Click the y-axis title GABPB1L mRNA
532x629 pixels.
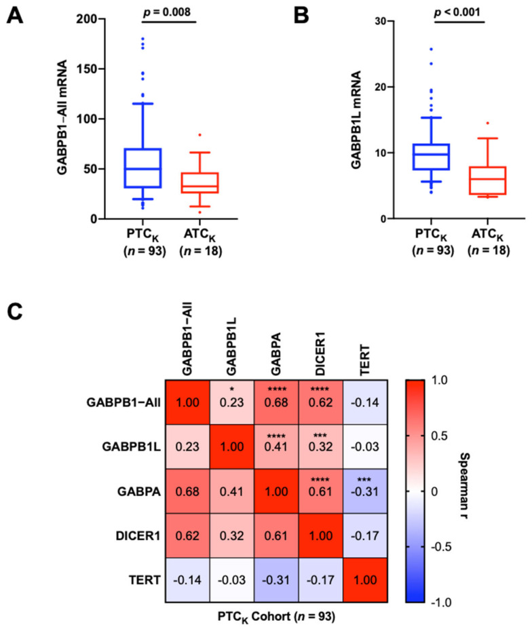point(354,119)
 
